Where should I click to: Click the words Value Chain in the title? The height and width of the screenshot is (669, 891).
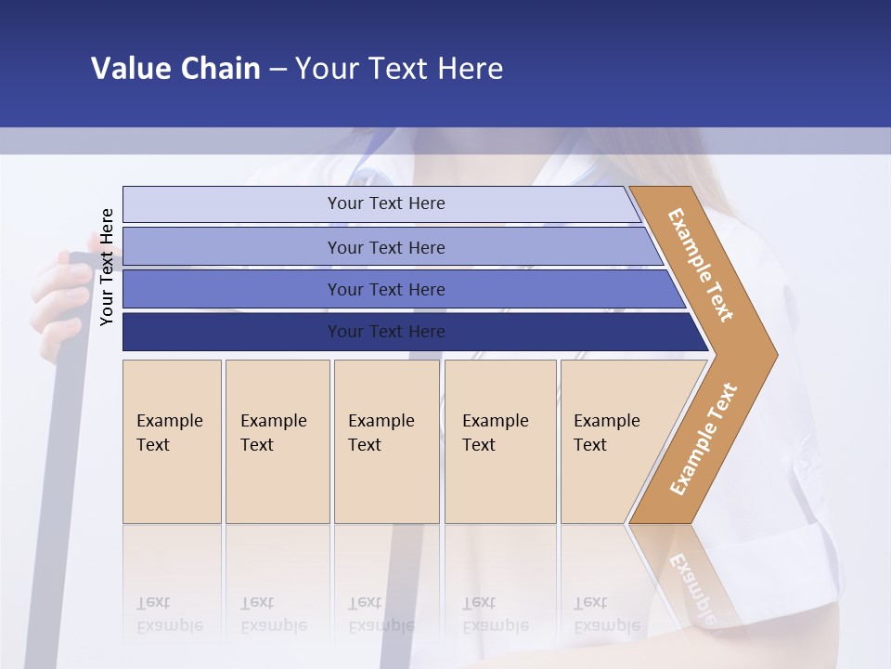[x=175, y=69]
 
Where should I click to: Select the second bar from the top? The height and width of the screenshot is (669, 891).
[x=386, y=247]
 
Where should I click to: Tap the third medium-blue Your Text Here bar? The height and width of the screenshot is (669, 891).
[x=386, y=289]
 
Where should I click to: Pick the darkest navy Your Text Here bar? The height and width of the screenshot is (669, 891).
[x=386, y=332]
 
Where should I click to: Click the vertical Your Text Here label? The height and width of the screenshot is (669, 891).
[x=107, y=267]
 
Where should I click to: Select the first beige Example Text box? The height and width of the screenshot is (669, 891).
[x=172, y=441]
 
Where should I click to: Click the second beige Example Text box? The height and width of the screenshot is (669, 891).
[x=277, y=441]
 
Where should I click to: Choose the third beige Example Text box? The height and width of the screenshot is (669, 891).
[x=386, y=441]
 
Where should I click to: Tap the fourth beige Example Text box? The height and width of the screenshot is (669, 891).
[x=499, y=441]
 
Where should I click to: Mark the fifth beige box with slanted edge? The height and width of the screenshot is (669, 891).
[x=613, y=441]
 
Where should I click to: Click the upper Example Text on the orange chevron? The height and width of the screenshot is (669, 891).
[x=701, y=264]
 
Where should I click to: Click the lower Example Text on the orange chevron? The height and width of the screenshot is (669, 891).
[x=704, y=439]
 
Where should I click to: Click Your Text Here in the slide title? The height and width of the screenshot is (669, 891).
[x=399, y=69]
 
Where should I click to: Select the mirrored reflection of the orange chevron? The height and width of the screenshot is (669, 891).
[x=691, y=576]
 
